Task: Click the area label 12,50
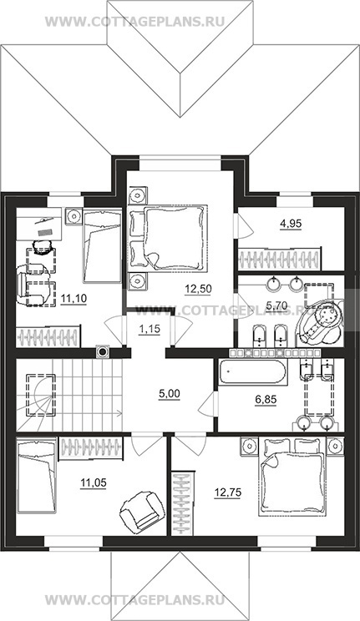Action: [x=198, y=289]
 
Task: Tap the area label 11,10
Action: [x=74, y=298]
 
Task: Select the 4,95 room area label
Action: [x=291, y=224]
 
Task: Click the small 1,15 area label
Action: [x=150, y=328]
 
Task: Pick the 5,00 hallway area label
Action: [x=169, y=394]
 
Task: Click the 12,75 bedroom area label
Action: [x=227, y=492]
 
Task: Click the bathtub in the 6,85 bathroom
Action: [x=252, y=372]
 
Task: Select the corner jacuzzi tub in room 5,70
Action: [x=321, y=321]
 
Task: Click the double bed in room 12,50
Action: [x=168, y=238]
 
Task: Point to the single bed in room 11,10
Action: [x=102, y=246]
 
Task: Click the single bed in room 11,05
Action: [x=36, y=475]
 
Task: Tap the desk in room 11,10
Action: [x=39, y=224]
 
